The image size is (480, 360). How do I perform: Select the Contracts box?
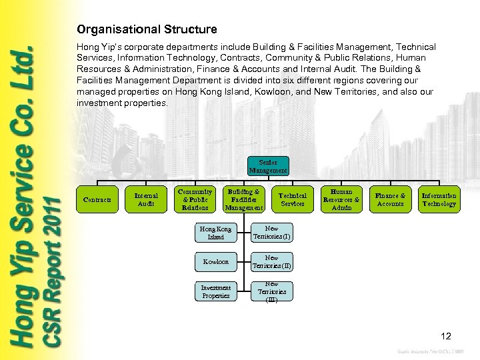pos(97,199)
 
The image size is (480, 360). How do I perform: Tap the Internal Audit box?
pos(146,199)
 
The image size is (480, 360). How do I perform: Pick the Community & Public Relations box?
pos(195,199)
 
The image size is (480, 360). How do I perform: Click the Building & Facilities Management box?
pos(243,199)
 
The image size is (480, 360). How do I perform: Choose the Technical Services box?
pos(293,199)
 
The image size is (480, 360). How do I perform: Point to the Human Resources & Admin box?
pos(341,199)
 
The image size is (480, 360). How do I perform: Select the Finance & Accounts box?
pos(390,199)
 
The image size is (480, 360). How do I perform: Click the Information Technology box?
pos(439,199)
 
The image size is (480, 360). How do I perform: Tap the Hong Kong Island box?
pos(215,233)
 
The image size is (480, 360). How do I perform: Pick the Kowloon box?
pos(215,262)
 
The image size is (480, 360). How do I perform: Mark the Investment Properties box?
pos(215,291)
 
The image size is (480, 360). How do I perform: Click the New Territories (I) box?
pos(271,233)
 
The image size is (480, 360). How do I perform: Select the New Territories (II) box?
pos(271,262)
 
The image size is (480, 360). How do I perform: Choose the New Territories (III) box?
pos(271,291)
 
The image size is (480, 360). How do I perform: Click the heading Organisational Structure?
pos(147,29)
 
